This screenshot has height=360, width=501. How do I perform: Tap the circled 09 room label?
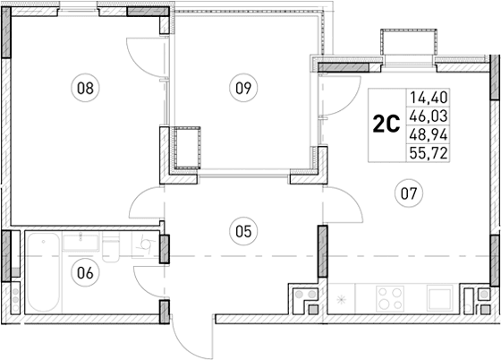[242, 88]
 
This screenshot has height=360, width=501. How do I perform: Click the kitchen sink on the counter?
[440, 296]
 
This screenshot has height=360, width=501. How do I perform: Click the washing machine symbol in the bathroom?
[142, 245]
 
